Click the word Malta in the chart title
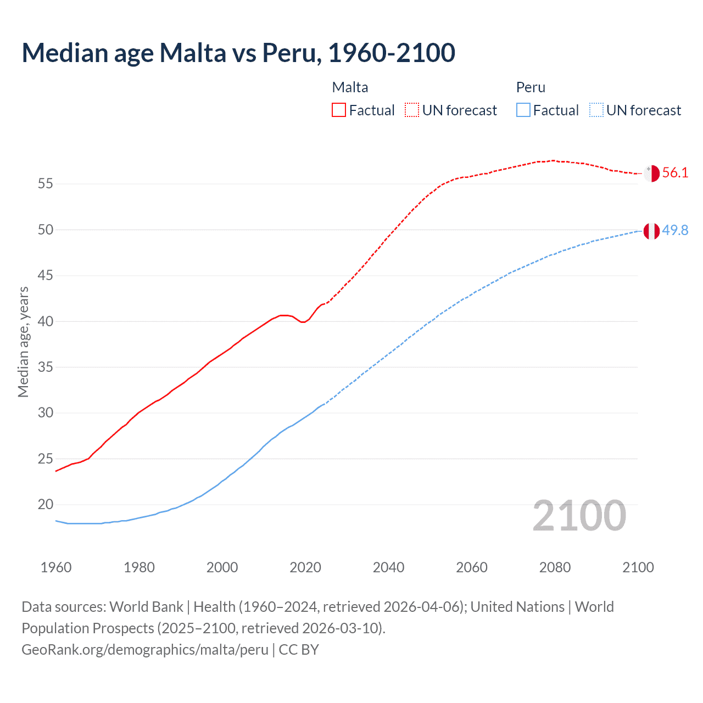pos(192,53)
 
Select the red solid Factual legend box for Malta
pos(339,110)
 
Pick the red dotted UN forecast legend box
pos(412,110)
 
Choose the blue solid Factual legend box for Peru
pos(523,110)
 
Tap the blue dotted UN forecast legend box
pos(596,110)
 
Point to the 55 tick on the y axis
pos(46,183)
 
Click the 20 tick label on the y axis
pos(46,504)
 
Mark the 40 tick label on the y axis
pos(46,321)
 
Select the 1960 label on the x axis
pos(56,567)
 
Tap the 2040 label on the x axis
pos(388,567)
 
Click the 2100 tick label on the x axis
pos(638,567)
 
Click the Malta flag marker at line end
pos(651,173)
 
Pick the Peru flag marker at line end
pos(651,231)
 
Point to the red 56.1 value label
pos(675,172)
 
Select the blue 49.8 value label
pos(675,230)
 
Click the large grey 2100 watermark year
pos(579,516)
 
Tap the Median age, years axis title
pos(23,342)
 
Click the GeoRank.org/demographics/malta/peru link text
pos(145,649)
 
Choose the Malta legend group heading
pos(350,87)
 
